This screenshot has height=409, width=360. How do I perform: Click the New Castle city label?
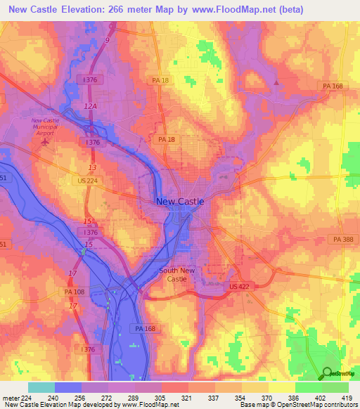point(180,202)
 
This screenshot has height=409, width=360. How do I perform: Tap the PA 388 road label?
point(343,240)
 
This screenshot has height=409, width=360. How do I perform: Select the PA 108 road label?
point(77,292)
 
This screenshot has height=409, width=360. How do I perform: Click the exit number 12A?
point(90,105)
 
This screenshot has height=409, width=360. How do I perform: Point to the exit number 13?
point(92,167)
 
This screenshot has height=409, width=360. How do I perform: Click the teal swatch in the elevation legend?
point(41,387)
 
